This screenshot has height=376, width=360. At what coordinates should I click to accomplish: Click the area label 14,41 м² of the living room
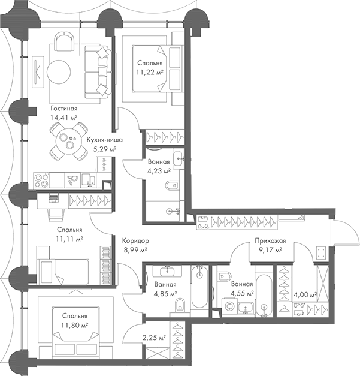(64, 118)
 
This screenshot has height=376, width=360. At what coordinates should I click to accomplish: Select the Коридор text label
(137, 240)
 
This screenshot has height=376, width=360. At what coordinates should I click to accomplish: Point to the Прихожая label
(268, 240)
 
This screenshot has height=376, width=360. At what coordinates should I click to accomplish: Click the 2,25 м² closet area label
(155, 338)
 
